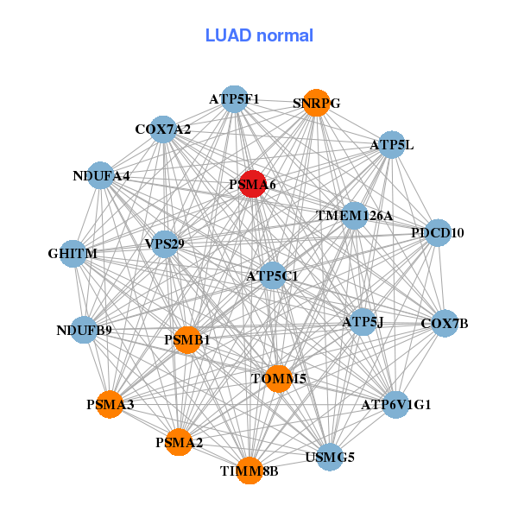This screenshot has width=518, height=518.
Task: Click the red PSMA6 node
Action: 251,184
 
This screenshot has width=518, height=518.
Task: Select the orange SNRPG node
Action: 317,103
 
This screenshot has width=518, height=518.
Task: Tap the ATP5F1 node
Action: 234,99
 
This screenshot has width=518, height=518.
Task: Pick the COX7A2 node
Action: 163,129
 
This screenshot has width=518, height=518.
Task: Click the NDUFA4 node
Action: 101,176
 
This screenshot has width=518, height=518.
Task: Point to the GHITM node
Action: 73,254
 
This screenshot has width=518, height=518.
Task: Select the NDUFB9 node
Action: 84,330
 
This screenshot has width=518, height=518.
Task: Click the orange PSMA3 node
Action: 110,404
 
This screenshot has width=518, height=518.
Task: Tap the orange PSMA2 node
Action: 179,443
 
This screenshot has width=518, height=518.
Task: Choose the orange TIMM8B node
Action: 250,471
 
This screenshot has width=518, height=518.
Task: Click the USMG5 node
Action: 330,457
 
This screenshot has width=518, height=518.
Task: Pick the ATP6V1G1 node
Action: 395,404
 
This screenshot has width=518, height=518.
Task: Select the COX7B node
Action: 445,324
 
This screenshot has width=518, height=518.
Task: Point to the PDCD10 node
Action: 438,232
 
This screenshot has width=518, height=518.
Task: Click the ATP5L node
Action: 391,145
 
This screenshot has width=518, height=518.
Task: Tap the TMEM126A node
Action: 355,215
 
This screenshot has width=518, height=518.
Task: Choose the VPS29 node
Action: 164,244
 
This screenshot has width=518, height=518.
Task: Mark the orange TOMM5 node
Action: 279,378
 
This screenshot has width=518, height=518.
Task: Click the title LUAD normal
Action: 259,35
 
